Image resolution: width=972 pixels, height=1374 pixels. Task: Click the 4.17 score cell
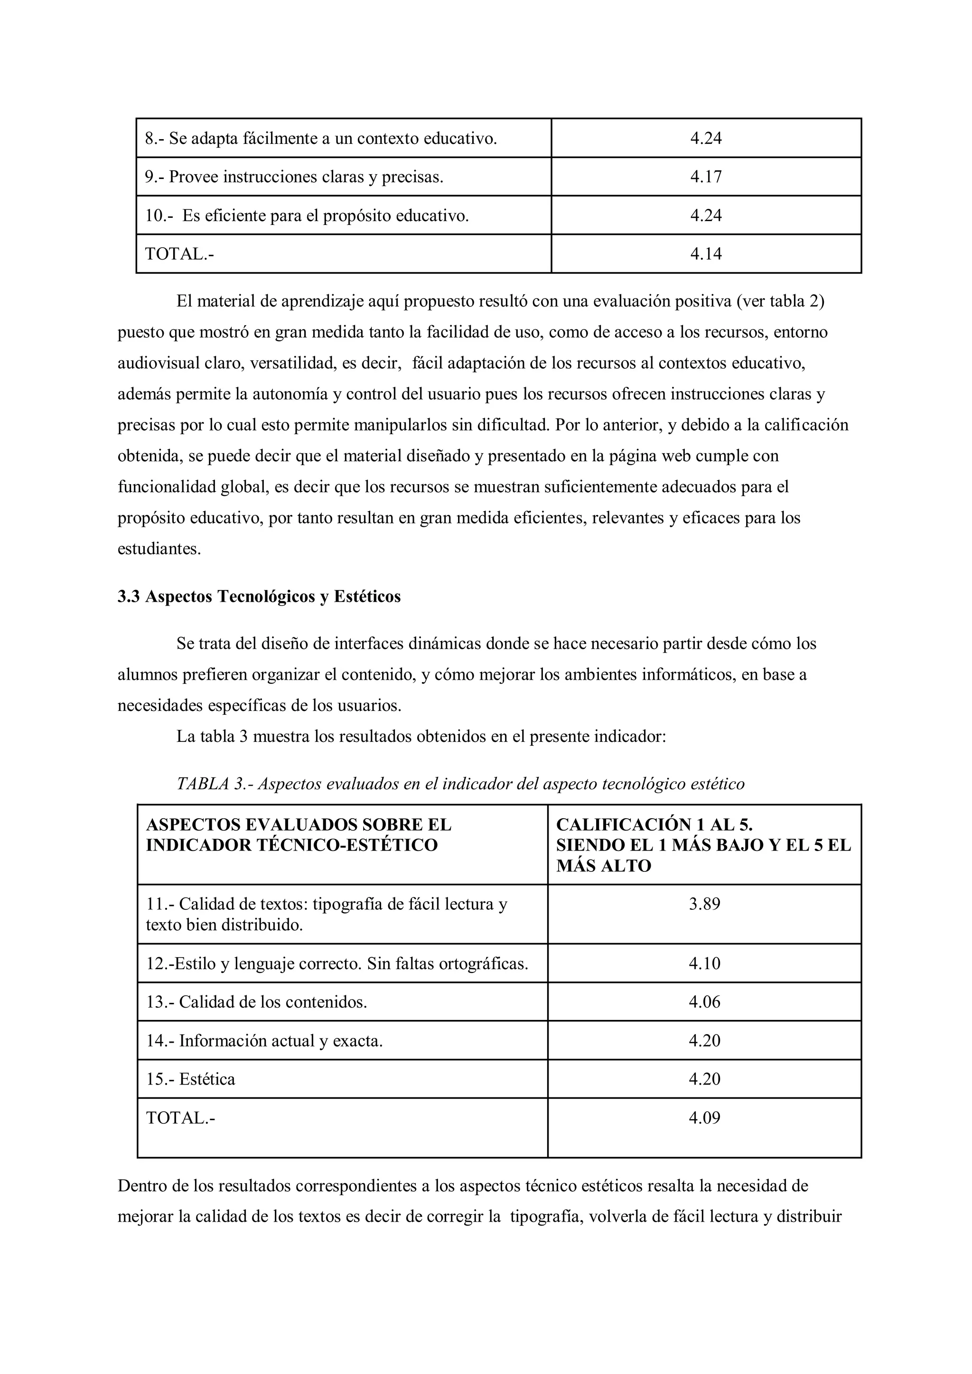pos(706,177)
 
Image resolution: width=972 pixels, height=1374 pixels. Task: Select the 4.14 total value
pos(706,254)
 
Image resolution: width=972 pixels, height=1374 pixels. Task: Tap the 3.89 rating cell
pos(704,904)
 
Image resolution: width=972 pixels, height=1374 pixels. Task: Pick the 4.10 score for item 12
pos(704,963)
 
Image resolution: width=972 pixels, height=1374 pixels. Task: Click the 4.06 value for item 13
pos(704,1002)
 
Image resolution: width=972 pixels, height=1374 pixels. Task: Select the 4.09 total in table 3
pos(704,1118)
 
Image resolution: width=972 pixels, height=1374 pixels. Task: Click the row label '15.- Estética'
pos(190,1079)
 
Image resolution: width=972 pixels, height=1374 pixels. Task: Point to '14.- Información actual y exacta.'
pos(264,1041)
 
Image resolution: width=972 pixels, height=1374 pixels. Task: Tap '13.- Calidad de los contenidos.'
pos(256,1002)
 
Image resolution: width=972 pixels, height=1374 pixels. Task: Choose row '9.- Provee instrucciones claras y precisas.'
pos(294,177)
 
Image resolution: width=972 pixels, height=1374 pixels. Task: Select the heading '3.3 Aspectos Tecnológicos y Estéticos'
pos(259,597)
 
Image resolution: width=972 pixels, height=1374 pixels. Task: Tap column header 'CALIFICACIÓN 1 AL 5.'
pos(654,825)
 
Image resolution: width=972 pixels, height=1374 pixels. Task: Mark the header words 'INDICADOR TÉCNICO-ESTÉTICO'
pos(291,845)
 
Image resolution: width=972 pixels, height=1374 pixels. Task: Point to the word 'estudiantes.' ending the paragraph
pos(159,549)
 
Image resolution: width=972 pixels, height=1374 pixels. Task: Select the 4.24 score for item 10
pos(706,215)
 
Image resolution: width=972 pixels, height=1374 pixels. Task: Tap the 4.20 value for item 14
pos(704,1041)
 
